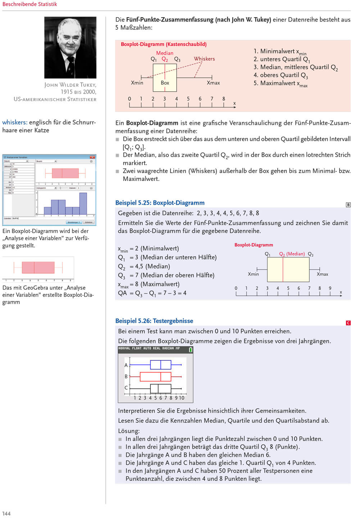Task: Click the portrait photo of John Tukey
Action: [70, 47]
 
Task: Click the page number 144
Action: [6, 513]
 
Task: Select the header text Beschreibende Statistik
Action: [29, 4]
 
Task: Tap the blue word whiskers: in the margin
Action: [15, 122]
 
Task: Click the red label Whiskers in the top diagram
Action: [204, 59]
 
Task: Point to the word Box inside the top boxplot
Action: [165, 83]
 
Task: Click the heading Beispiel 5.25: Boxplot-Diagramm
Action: [160, 203]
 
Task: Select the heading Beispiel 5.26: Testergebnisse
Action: [154, 321]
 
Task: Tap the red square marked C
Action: [348, 323]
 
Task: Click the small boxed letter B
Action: [348, 205]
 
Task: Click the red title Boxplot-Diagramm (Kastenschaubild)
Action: [164, 44]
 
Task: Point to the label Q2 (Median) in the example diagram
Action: [292, 254]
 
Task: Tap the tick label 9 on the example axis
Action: [330, 288]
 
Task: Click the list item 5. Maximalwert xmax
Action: [281, 83]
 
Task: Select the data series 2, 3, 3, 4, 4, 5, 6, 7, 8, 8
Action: [228, 213]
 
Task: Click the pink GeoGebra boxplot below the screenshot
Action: [38, 268]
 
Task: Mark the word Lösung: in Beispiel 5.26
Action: [129, 431]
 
